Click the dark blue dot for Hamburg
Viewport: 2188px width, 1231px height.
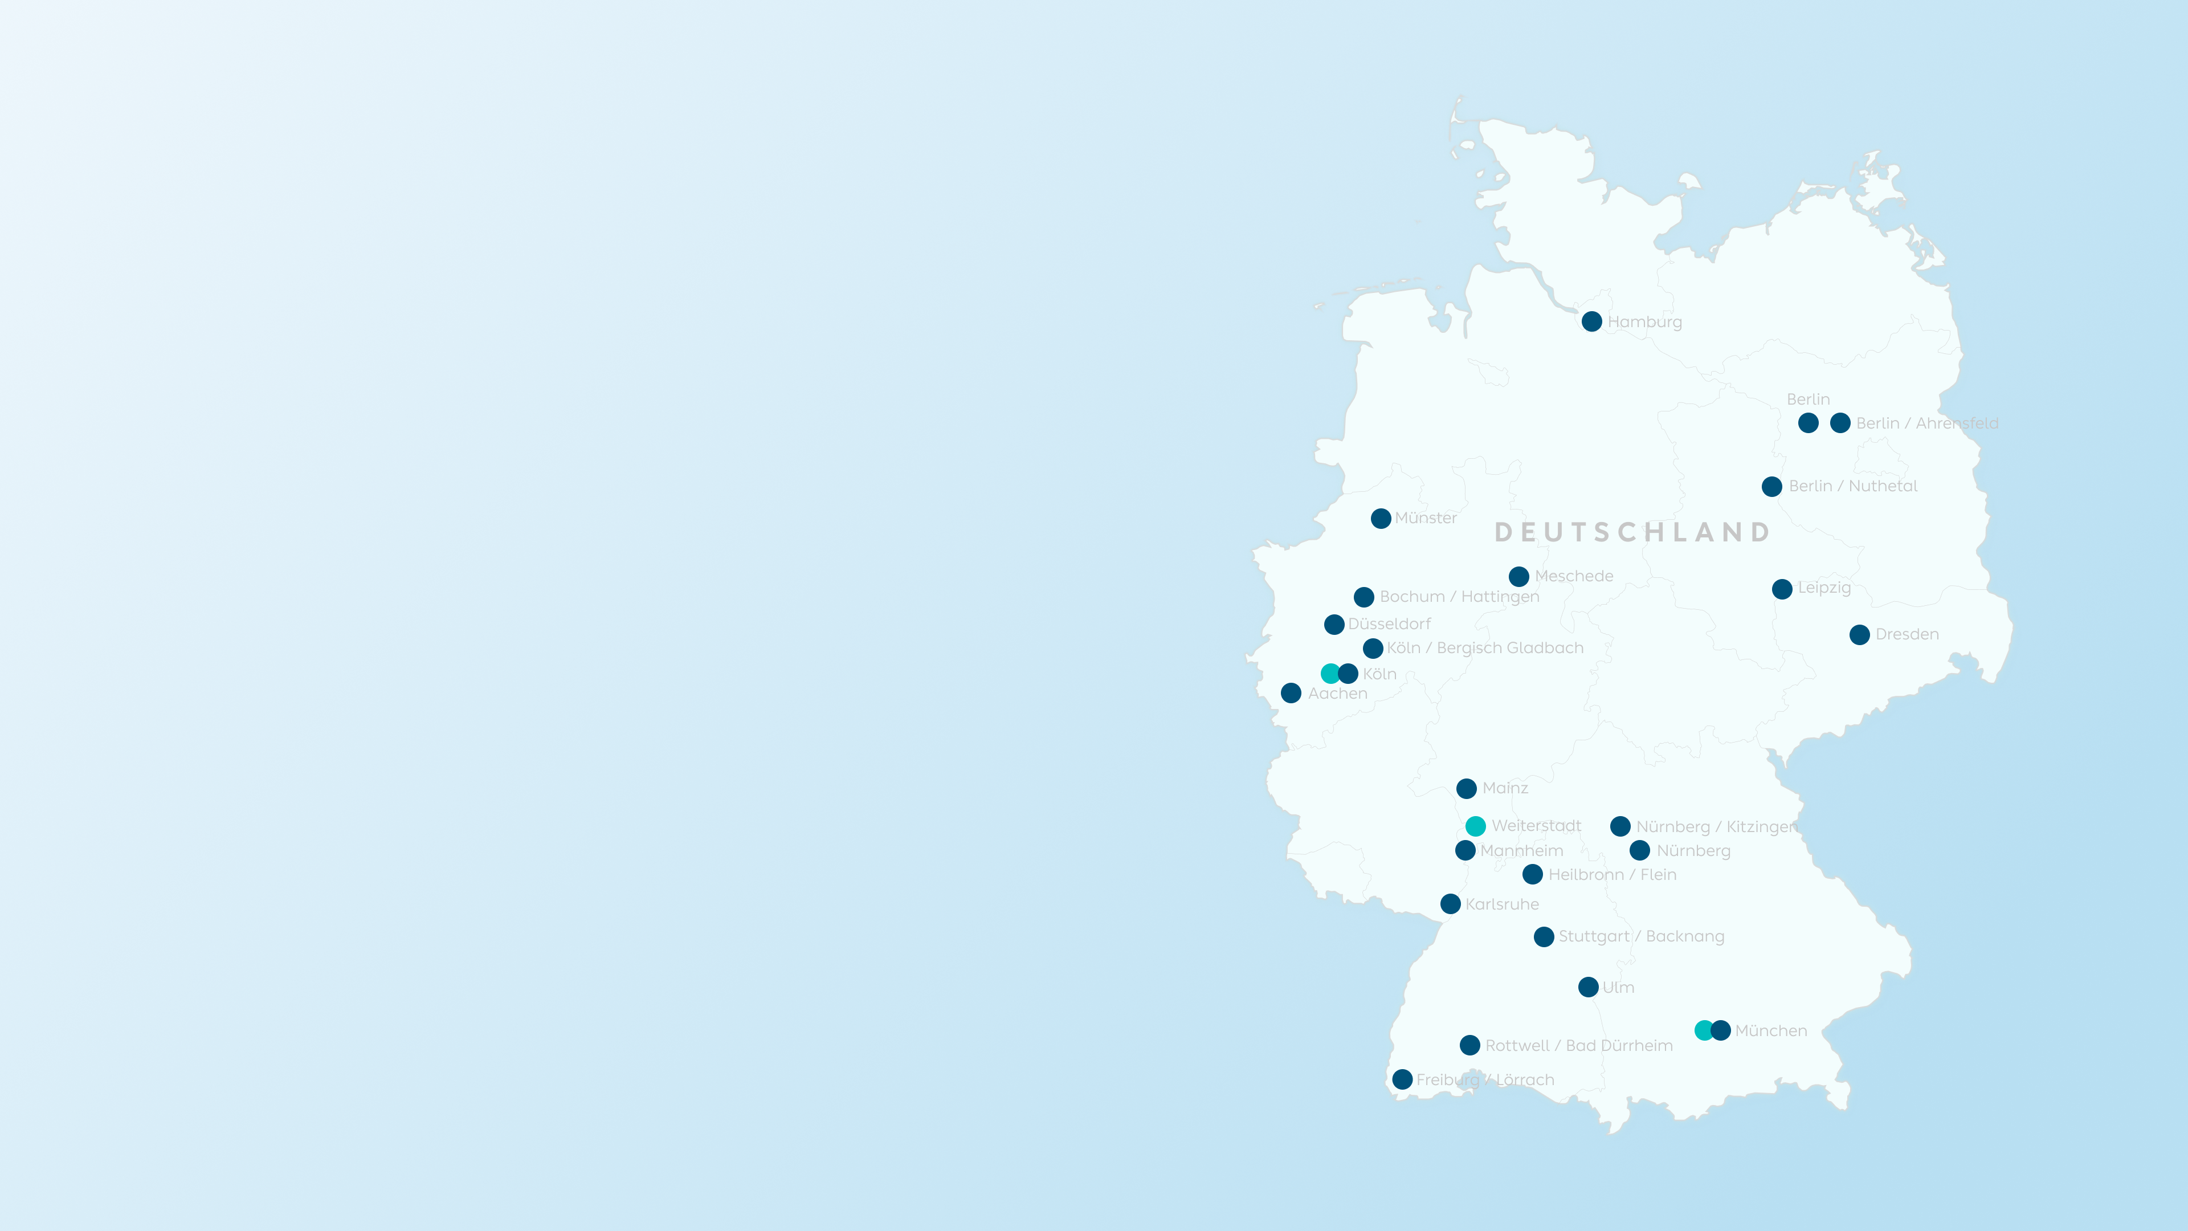pos(1592,321)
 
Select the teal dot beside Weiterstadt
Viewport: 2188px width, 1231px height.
pos(1475,826)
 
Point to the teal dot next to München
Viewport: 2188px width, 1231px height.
pos(1704,1030)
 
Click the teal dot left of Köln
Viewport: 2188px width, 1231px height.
pos(1330,674)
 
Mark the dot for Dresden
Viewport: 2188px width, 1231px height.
pos(1859,635)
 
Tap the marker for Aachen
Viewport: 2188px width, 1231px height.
pos(1291,693)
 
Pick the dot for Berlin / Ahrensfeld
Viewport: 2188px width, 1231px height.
pos(1840,423)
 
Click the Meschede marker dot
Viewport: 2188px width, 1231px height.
pos(1518,577)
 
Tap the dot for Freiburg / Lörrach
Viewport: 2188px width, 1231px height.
pos(1402,1080)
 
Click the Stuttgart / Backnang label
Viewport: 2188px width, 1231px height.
pos(1641,936)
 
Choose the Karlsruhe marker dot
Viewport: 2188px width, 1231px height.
pos(1451,904)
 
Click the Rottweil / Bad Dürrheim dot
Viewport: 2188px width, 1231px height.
pos(1470,1045)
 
